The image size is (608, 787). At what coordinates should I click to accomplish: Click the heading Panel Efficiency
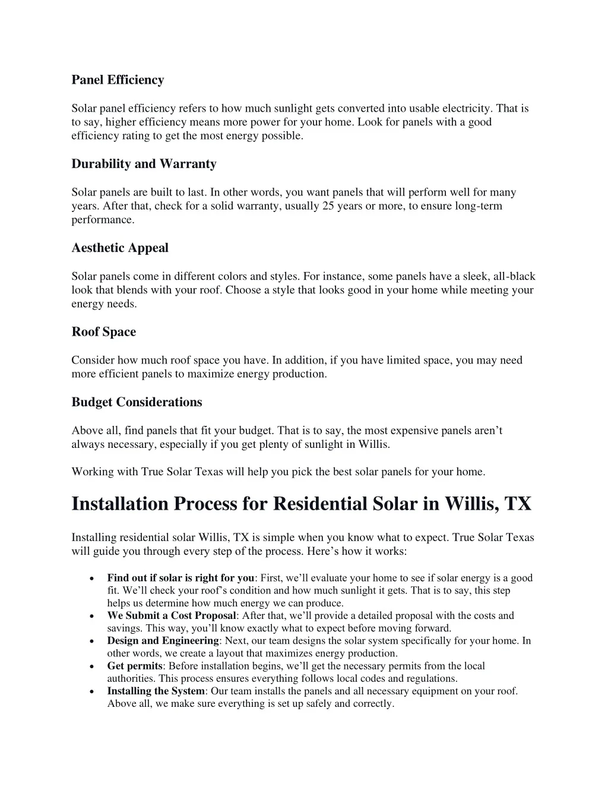click(118, 80)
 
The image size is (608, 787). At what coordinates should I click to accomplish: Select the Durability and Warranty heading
click(144, 164)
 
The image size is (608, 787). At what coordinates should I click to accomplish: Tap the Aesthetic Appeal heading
click(120, 248)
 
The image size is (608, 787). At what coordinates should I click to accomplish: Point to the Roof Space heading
click(103, 332)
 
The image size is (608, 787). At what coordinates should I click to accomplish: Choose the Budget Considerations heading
click(137, 402)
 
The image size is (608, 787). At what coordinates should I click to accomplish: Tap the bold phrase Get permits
click(134, 666)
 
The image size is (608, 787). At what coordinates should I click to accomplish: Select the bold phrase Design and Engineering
click(163, 640)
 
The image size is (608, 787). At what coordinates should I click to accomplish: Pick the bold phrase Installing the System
click(156, 691)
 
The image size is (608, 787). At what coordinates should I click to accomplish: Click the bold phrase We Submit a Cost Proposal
click(172, 615)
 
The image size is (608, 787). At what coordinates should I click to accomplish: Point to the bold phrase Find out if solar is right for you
click(180, 577)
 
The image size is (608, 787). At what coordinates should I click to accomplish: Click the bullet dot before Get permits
click(89, 666)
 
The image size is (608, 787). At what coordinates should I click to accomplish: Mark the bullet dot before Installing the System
click(89, 691)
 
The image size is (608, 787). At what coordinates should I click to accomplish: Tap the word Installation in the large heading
click(120, 504)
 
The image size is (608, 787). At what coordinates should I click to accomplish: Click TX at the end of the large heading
click(518, 504)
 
